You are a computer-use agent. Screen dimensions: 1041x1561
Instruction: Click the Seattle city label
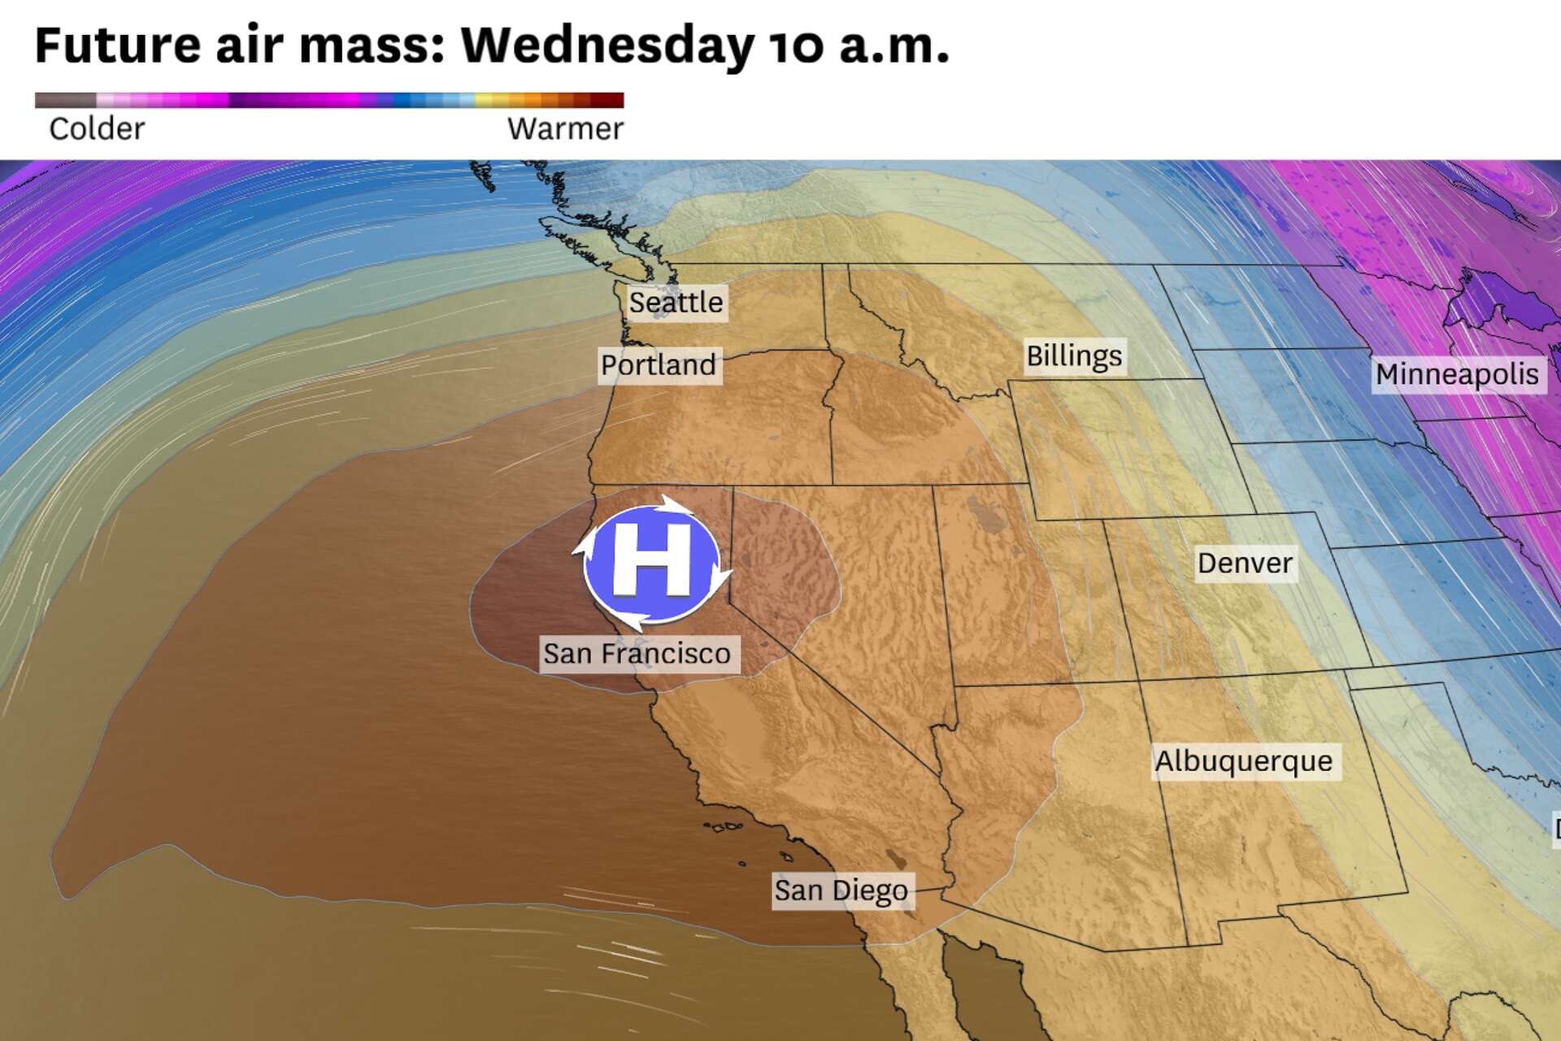click(x=676, y=303)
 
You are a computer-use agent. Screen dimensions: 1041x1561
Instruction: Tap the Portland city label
click(x=658, y=364)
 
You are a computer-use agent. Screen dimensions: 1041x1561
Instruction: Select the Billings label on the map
click(x=1073, y=356)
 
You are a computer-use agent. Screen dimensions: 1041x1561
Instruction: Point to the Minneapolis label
click(x=1457, y=374)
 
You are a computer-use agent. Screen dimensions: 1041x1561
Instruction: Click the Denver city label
click(x=1245, y=563)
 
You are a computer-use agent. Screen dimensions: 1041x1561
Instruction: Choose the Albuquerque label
click(x=1244, y=761)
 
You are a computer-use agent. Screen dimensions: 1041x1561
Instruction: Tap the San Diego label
click(x=841, y=891)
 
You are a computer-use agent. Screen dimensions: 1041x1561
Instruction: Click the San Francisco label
click(x=637, y=654)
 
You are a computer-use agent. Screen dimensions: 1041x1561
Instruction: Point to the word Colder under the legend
click(x=97, y=128)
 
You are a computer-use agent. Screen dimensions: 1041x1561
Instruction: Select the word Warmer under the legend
click(x=565, y=128)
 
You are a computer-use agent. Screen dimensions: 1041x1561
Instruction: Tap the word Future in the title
click(x=117, y=46)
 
